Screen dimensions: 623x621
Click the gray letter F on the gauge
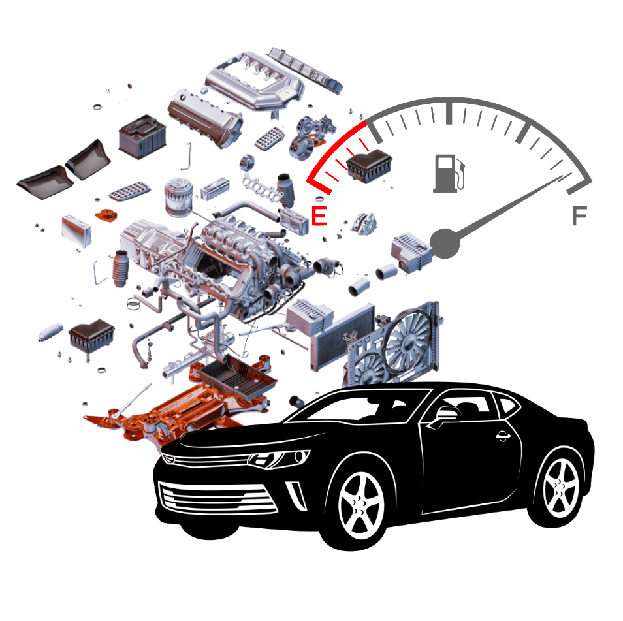(x=579, y=215)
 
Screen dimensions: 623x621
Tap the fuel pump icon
(x=449, y=174)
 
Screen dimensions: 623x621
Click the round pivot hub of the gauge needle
(x=445, y=243)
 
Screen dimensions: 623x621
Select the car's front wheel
(x=360, y=504)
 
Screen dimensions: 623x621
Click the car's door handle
(x=503, y=436)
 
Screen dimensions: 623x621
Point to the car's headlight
(x=278, y=459)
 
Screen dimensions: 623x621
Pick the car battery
(x=142, y=136)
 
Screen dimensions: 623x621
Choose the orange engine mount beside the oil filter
(x=106, y=215)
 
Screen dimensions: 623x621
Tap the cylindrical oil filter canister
(x=179, y=197)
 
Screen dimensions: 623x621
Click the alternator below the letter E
(x=364, y=224)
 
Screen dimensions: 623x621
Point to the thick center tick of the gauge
(x=449, y=113)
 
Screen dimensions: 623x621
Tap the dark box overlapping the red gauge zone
(x=369, y=166)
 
